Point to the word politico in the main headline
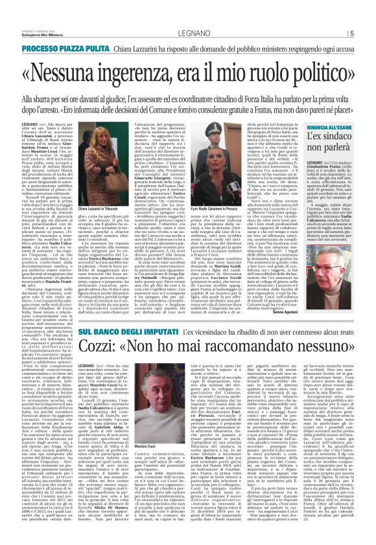click(311, 54)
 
